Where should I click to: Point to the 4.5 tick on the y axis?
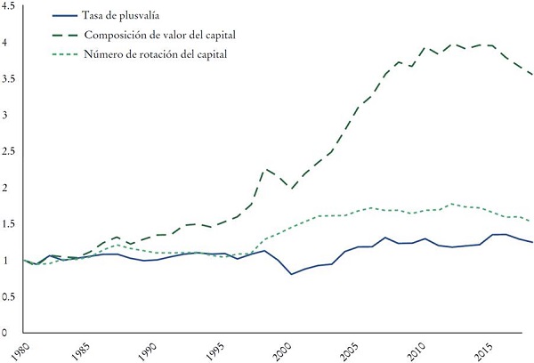tap(8, 9)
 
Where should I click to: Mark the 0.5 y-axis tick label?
tap(8, 297)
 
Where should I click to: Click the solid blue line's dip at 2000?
tap(292, 274)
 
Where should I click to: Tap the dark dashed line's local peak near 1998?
tap(265, 169)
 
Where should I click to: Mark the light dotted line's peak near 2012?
tap(456, 204)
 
